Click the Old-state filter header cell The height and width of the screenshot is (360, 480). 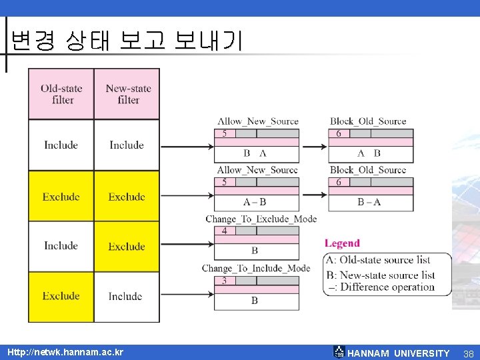coord(61,94)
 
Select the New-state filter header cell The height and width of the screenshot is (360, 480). coord(127,94)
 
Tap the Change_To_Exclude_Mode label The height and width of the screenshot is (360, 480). coord(261,219)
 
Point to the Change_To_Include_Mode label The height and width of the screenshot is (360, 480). coord(256,268)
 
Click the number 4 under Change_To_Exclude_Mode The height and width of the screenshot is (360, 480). coord(224,231)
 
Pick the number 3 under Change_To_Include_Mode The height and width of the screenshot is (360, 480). coord(224,281)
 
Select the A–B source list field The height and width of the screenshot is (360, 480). coord(255,201)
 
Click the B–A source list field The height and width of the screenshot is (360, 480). coord(369,201)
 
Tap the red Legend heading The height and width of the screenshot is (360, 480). coord(342,243)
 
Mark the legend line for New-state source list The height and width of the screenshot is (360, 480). coord(381,275)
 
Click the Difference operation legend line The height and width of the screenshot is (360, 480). coord(381,287)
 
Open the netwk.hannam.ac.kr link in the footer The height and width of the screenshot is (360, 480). coord(65,352)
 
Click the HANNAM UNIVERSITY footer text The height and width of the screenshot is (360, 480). coord(399,353)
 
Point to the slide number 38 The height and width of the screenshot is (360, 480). coord(468,353)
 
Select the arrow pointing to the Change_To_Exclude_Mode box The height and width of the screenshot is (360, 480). coord(186,245)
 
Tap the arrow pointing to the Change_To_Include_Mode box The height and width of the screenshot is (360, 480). coord(186,295)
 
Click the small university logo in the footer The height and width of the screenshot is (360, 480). coord(339,352)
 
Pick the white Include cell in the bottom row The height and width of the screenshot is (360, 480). coord(126,296)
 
